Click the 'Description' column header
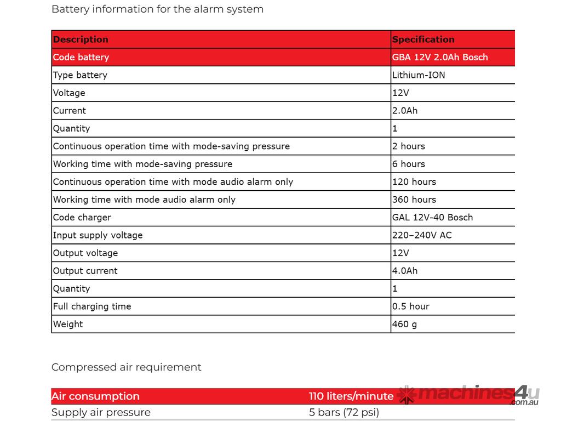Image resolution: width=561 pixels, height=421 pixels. coord(81,39)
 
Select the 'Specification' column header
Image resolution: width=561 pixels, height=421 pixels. coord(423,39)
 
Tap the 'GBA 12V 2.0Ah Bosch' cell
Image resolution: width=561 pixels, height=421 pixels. coord(440,57)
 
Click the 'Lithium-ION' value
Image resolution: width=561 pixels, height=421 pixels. coord(419,75)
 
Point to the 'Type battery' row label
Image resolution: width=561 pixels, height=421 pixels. coord(80,75)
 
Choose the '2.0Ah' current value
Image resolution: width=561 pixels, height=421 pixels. coord(405,111)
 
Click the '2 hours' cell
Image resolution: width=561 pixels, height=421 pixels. coord(409,146)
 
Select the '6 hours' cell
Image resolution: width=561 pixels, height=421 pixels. coord(409,164)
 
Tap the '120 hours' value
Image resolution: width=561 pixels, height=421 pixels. coord(414,182)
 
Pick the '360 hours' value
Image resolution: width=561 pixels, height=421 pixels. coord(414,200)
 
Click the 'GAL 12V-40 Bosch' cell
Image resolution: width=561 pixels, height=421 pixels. coord(432,218)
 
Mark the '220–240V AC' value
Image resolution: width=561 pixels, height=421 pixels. coord(422,235)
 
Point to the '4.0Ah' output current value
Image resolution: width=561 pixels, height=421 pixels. coord(405,271)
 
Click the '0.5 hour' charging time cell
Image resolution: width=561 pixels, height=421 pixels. coord(411,306)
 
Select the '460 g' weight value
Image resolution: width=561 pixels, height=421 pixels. coord(404,324)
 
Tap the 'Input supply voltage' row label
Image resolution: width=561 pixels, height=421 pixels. coord(98,235)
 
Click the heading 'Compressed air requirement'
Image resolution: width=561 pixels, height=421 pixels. coord(126,367)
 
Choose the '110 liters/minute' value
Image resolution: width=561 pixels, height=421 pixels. coord(351,396)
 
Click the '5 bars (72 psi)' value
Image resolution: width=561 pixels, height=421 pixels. coord(344,412)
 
